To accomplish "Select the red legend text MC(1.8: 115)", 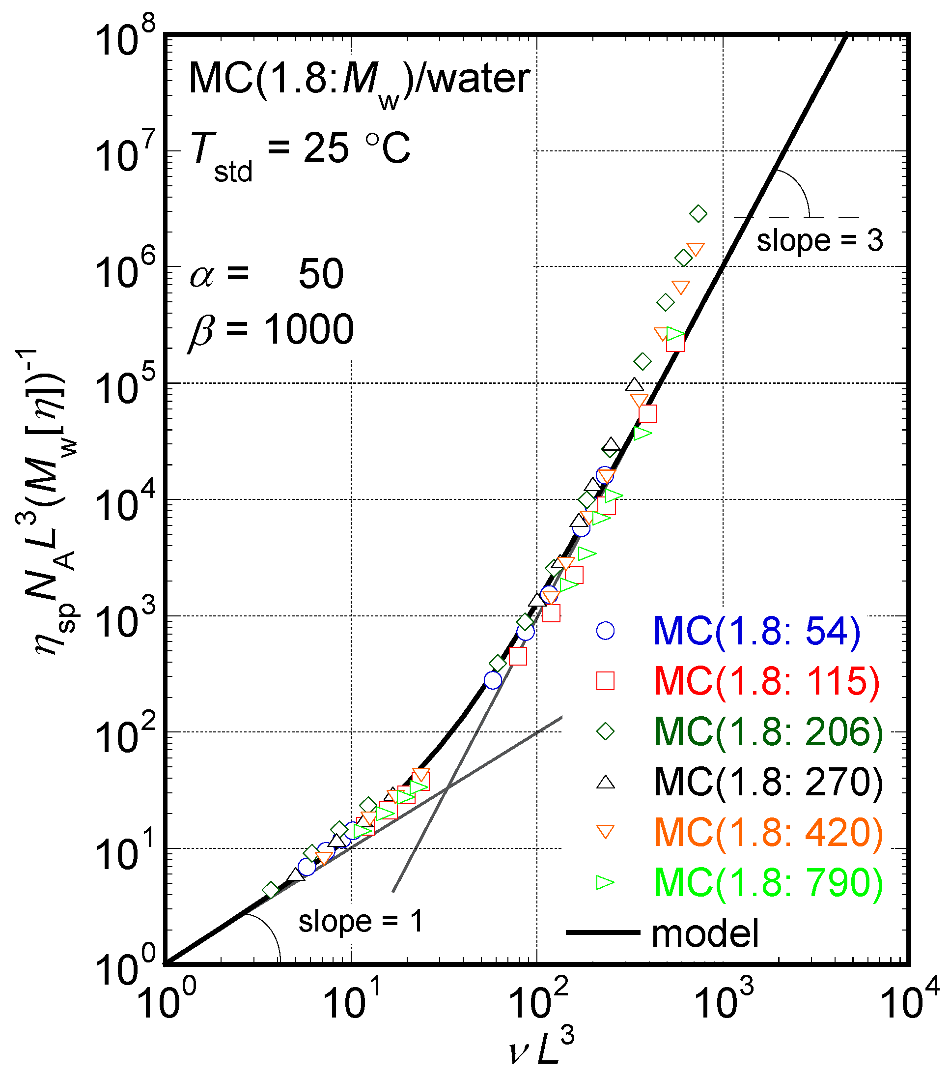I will point(767,681).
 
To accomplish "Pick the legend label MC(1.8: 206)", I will point(768,731).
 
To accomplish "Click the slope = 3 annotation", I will point(819,241).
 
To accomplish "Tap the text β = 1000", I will point(271,330).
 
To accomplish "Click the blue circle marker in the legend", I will point(605,631).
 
